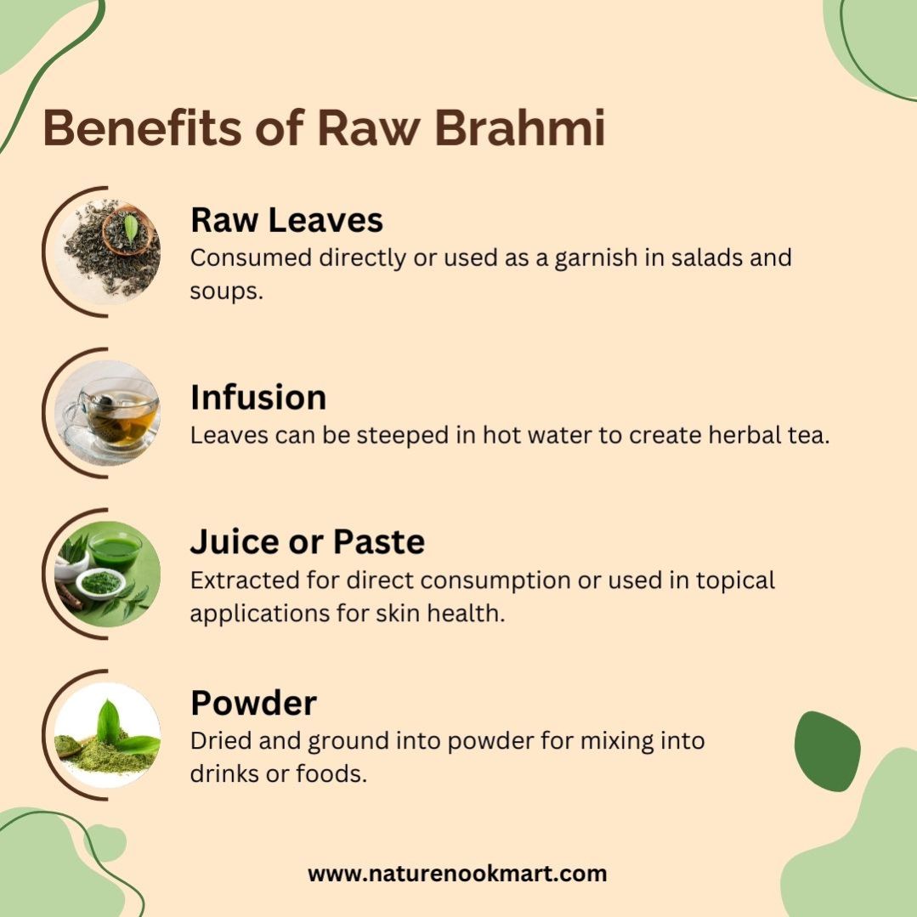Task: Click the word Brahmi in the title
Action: [520, 127]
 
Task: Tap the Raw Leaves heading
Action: [286, 220]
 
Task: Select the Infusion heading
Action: [258, 397]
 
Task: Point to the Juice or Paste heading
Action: [307, 541]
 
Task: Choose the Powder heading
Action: [253, 702]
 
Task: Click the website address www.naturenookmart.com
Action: [457, 874]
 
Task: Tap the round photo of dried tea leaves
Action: [108, 252]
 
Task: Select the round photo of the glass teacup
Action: [108, 414]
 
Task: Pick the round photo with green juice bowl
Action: [108, 575]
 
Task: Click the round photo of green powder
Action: [108, 735]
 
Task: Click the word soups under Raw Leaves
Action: [226, 292]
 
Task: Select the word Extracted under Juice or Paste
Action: [245, 580]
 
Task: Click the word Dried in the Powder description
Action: [220, 741]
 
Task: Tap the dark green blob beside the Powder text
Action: [827, 751]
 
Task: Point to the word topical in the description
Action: [735, 581]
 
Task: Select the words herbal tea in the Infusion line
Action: [769, 435]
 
